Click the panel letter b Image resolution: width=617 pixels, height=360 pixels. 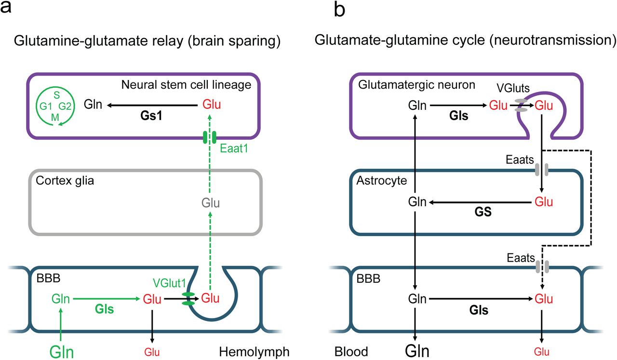339,9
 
